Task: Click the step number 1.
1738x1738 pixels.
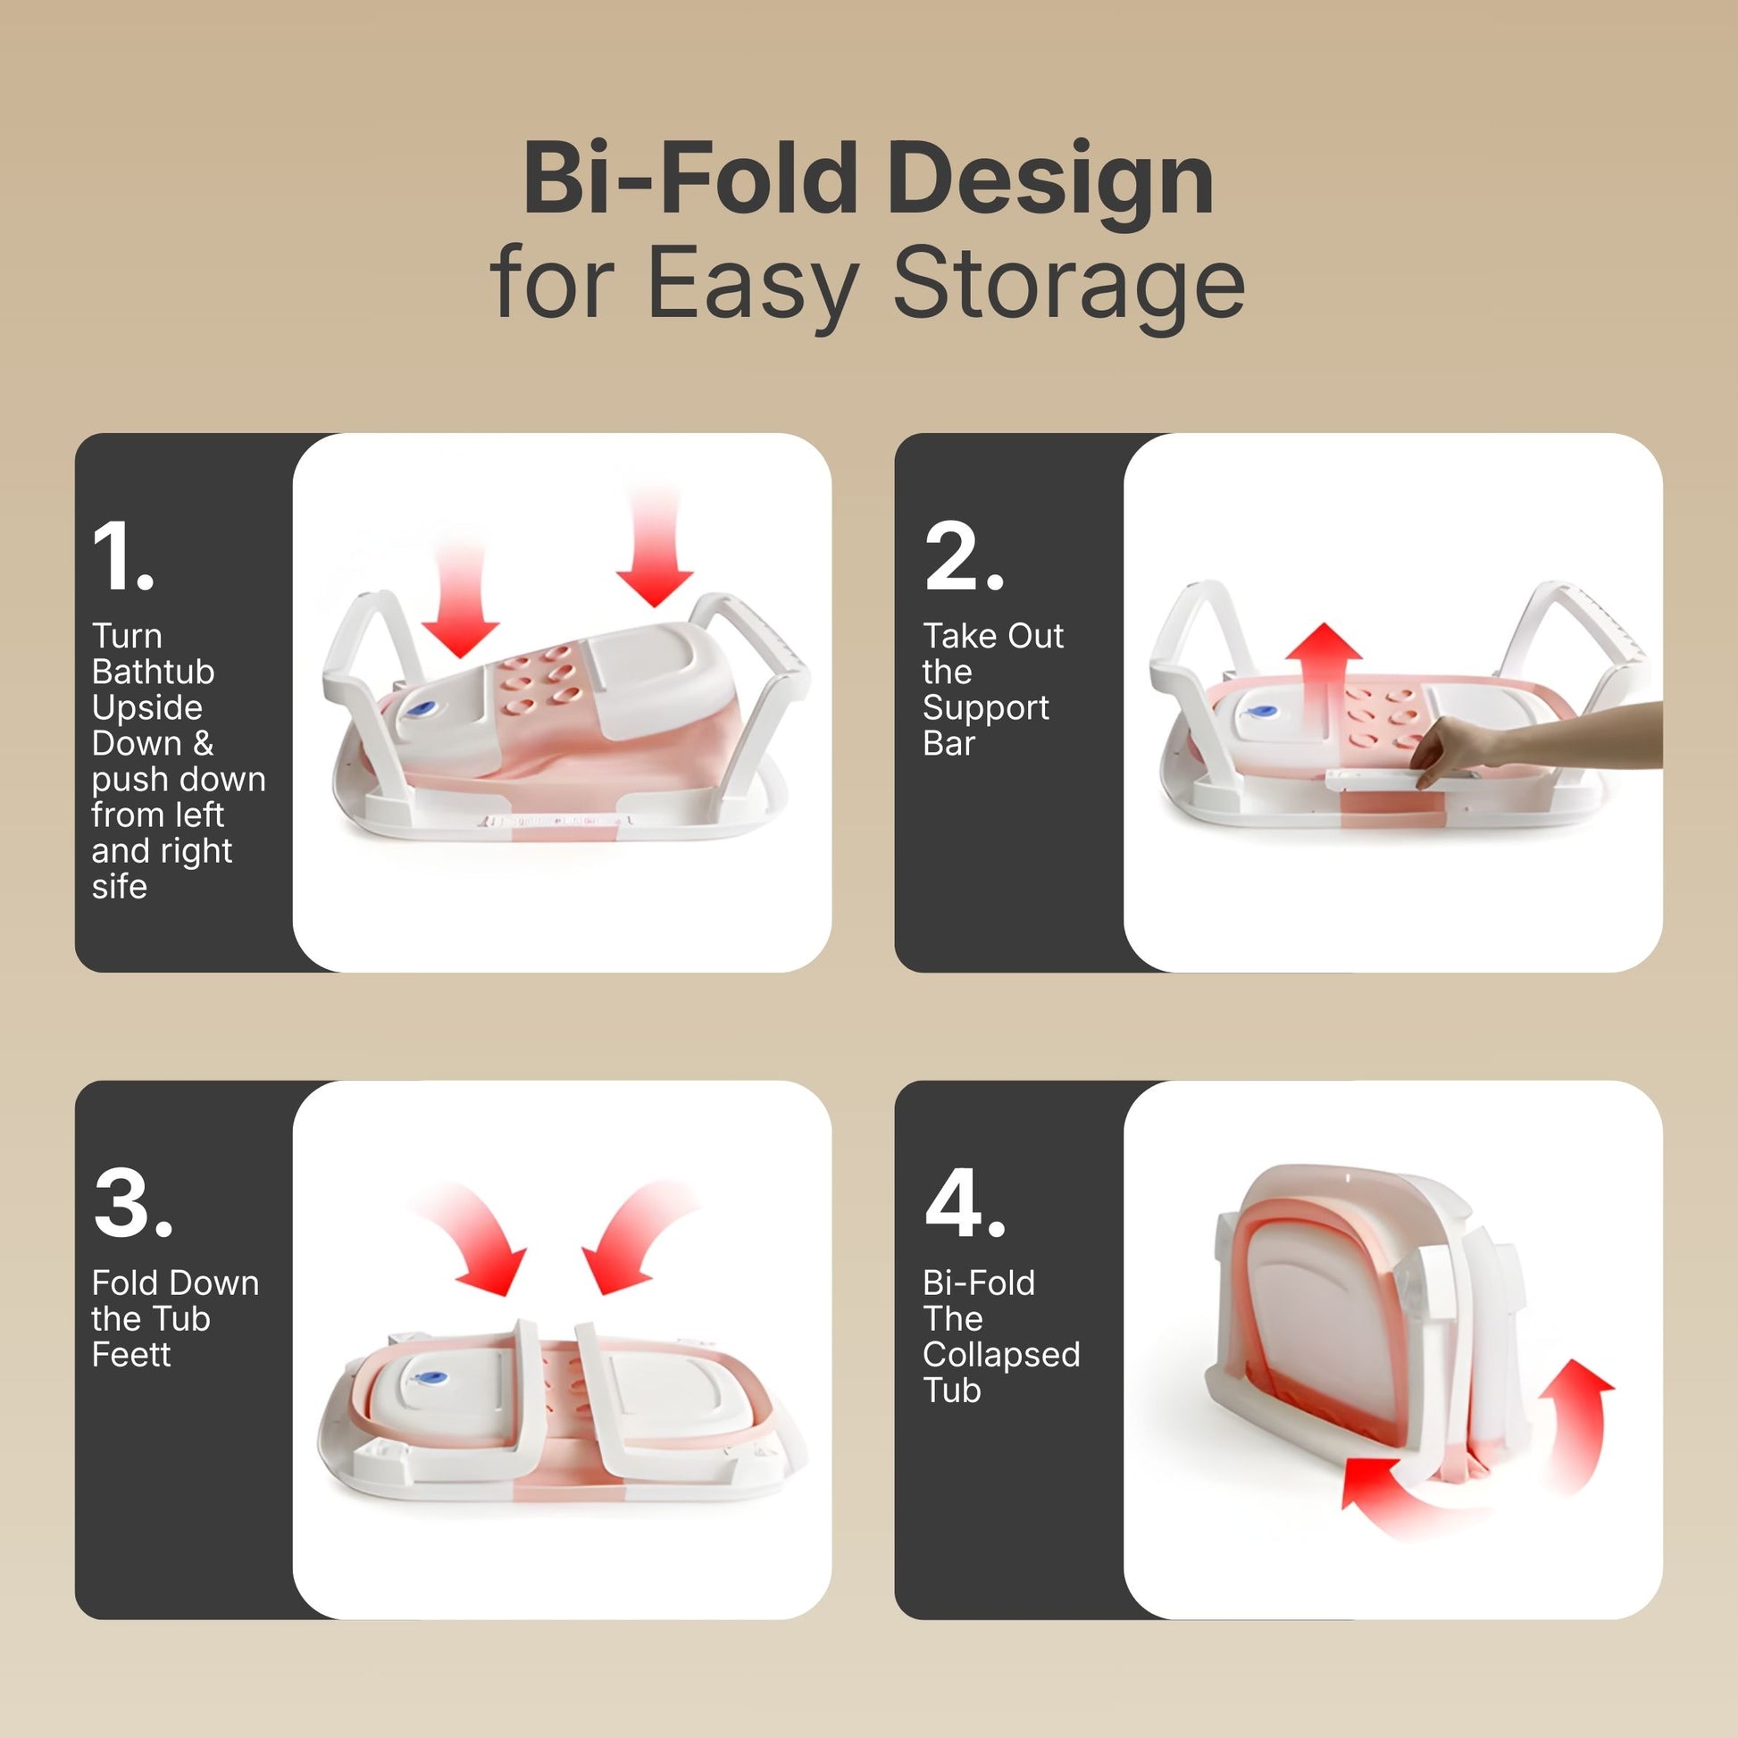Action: [122, 556]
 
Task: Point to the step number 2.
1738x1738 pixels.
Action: [964, 556]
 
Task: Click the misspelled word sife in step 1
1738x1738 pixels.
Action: [120, 887]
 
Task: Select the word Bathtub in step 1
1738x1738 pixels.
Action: [153, 672]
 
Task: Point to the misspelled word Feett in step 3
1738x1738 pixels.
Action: [131, 1355]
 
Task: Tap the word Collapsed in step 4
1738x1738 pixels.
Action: [1001, 1356]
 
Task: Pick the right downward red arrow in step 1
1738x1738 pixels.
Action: [655, 545]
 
